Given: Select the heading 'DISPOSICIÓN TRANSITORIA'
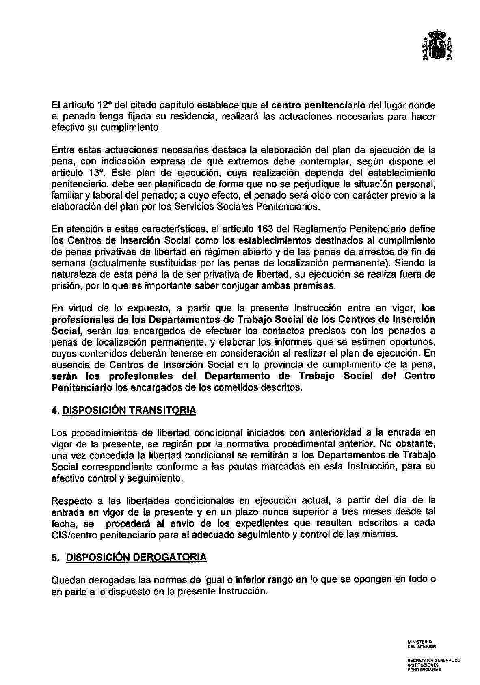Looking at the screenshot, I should tap(129, 410).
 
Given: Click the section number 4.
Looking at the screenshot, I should tap(55, 410).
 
